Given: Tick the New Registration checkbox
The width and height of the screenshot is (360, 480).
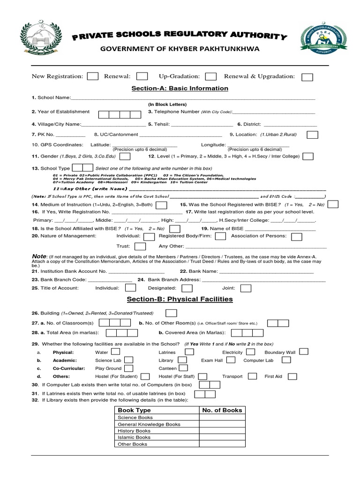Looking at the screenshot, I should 93,76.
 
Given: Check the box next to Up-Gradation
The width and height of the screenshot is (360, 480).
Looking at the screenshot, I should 211,76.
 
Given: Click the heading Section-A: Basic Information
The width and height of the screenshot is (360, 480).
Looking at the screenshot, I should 180,88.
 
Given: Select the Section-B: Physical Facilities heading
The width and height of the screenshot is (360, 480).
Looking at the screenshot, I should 180,299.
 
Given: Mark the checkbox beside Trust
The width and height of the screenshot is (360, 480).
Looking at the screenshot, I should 140,246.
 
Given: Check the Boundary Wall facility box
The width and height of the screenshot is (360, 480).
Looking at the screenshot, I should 304,351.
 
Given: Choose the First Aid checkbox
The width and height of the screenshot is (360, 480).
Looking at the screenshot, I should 292,376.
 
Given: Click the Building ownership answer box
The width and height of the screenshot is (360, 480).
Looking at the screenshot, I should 171,313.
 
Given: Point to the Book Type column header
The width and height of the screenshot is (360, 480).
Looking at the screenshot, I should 135,410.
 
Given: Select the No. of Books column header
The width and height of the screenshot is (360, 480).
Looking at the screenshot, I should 222,410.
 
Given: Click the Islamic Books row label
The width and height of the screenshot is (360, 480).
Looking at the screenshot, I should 133,437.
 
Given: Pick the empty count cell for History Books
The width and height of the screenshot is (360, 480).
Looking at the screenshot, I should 222,430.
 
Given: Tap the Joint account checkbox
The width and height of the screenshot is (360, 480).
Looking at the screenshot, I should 246,288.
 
